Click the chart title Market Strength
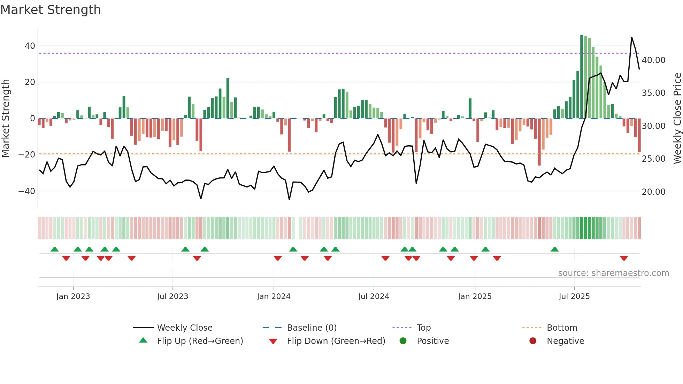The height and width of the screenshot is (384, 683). click(x=51, y=10)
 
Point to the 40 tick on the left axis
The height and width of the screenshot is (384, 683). click(x=30, y=46)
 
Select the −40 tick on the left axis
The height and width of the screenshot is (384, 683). click(x=27, y=191)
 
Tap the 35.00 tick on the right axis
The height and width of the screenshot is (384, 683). click(x=653, y=93)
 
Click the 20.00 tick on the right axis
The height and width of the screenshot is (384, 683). click(x=653, y=192)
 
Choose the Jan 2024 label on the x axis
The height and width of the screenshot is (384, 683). click(x=274, y=297)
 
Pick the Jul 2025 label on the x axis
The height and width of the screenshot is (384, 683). click(x=574, y=297)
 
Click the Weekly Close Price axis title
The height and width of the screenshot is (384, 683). click(x=677, y=118)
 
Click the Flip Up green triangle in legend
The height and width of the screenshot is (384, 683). click(x=143, y=340)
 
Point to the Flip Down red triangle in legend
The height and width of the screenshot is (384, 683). click(x=273, y=341)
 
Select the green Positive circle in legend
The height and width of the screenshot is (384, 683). click(x=403, y=341)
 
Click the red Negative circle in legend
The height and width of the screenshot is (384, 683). click(x=533, y=341)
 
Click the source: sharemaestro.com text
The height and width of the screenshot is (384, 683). click(x=613, y=273)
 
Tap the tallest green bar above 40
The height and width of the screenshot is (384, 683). click(x=582, y=77)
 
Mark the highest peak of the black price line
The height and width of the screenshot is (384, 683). click(x=631, y=37)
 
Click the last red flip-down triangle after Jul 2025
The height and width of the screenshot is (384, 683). click(x=624, y=258)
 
